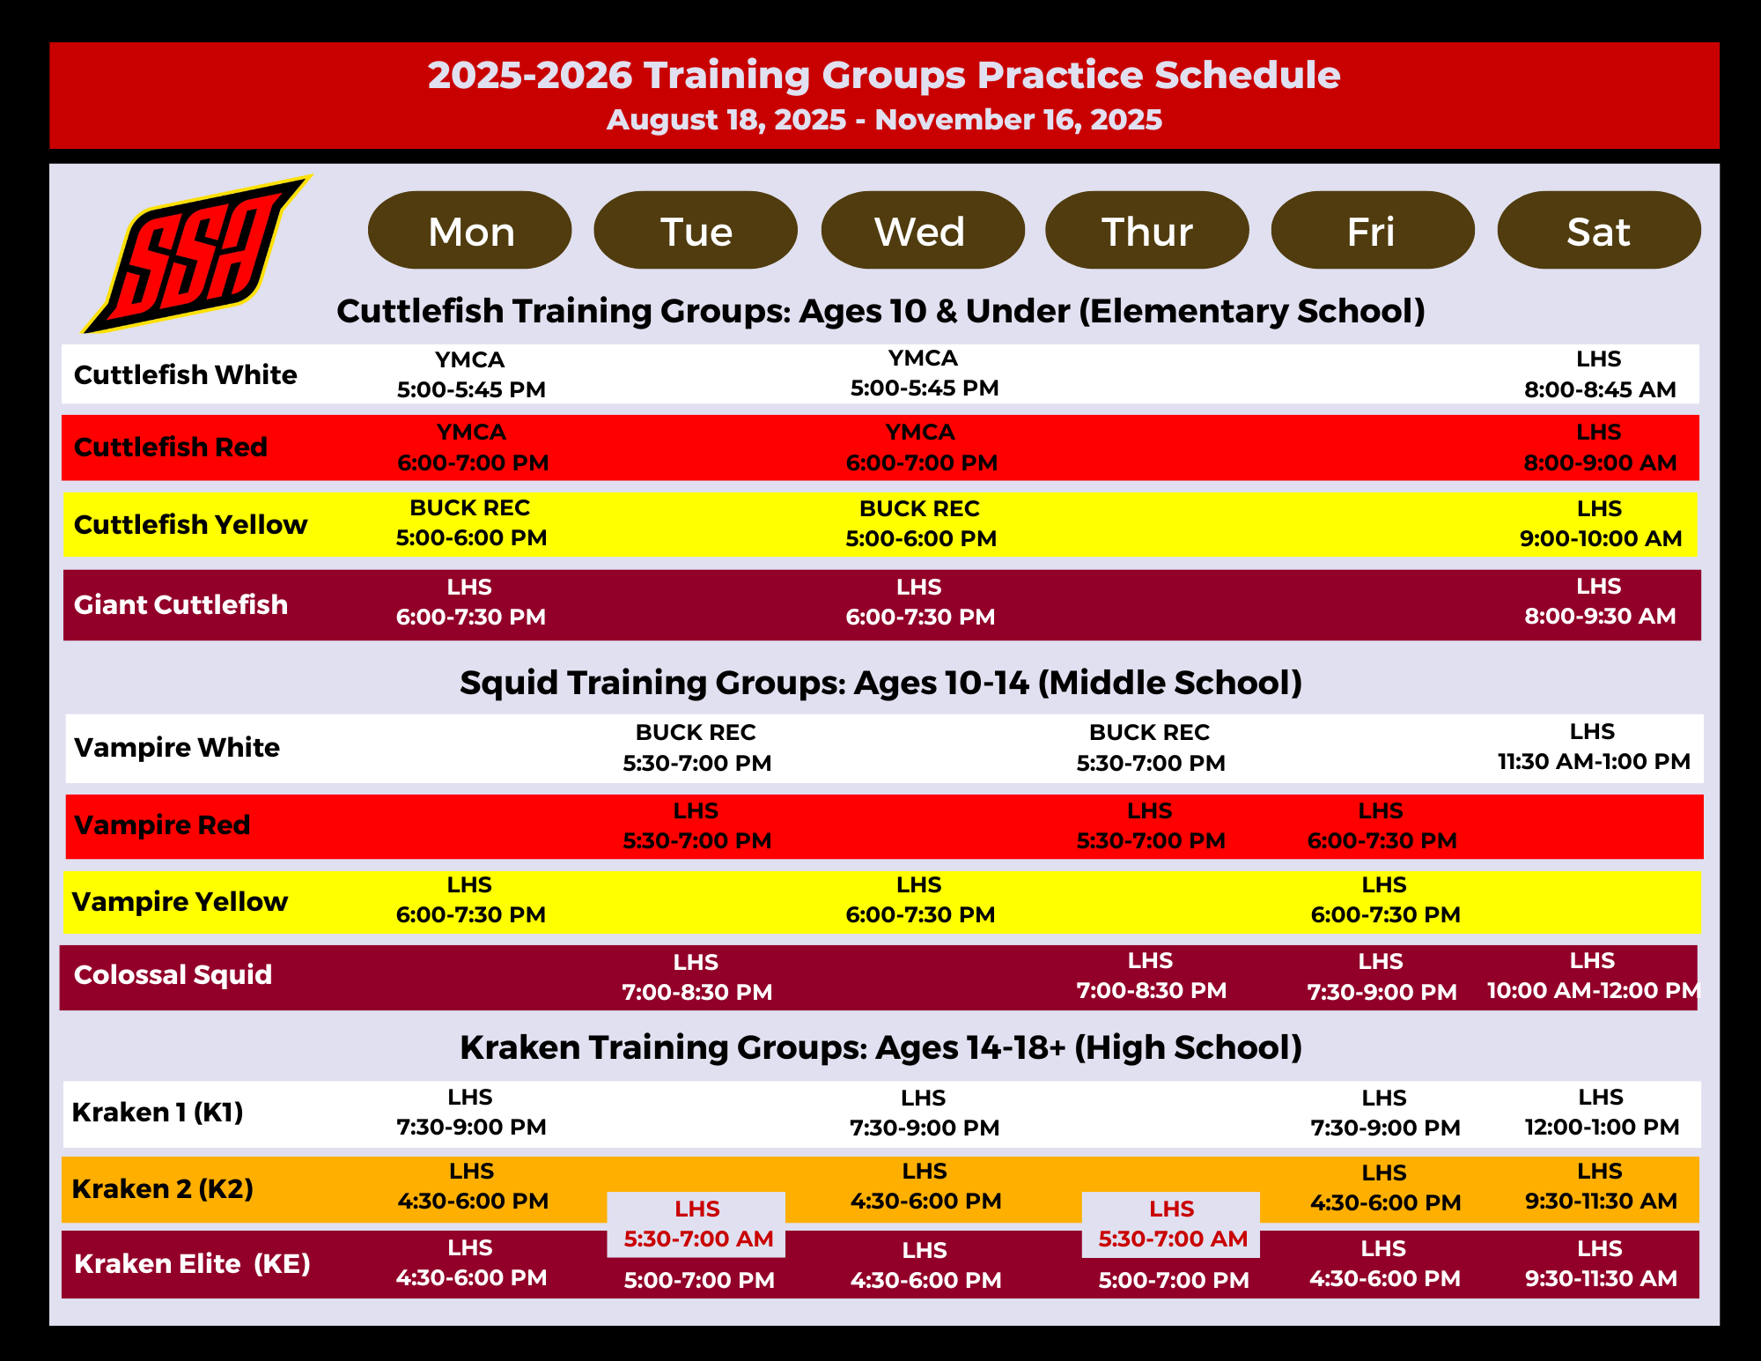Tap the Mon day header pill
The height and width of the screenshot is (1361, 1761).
coord(470,230)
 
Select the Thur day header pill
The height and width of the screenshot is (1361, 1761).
coord(1147,230)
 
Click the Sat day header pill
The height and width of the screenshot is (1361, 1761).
coord(1599,230)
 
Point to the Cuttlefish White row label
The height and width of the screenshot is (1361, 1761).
coord(186,374)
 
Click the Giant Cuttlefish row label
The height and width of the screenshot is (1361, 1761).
coord(181,604)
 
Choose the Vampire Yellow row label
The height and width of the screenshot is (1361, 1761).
coord(180,901)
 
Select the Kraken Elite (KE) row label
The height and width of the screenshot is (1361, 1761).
coord(192,1263)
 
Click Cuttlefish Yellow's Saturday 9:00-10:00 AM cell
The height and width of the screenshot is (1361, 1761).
coord(1601,523)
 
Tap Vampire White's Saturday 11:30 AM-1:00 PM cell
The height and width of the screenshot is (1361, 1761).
coord(1594,746)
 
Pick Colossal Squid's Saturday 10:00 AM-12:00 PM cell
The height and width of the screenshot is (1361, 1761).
coord(1593,975)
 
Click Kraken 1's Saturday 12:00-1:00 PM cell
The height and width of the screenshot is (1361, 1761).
coord(1602,1112)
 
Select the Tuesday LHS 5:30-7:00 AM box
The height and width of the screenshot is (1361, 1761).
coord(696,1224)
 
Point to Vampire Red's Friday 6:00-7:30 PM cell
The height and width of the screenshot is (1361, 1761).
coord(1382,825)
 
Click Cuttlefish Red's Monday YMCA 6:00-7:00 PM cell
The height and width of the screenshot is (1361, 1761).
coord(473,447)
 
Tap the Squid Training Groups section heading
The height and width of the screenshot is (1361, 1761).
coord(880,683)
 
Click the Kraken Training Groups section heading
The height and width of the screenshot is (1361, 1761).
coord(880,1047)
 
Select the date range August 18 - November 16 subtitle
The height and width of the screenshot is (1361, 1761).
coord(884,120)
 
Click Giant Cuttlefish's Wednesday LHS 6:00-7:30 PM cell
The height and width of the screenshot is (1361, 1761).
coord(920,602)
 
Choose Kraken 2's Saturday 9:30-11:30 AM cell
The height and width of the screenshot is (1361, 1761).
coord(1601,1186)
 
